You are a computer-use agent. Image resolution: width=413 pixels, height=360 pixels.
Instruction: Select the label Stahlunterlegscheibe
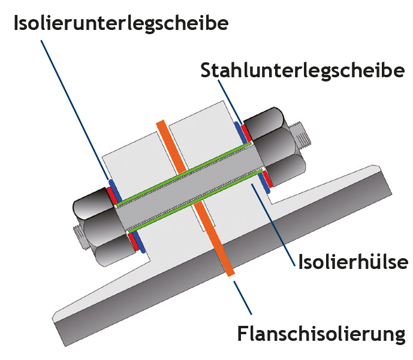(x=303, y=70)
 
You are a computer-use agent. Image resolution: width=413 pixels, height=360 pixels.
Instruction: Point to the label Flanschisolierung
(x=321, y=334)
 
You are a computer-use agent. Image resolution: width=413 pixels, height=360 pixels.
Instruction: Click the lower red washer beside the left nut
(x=132, y=239)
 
